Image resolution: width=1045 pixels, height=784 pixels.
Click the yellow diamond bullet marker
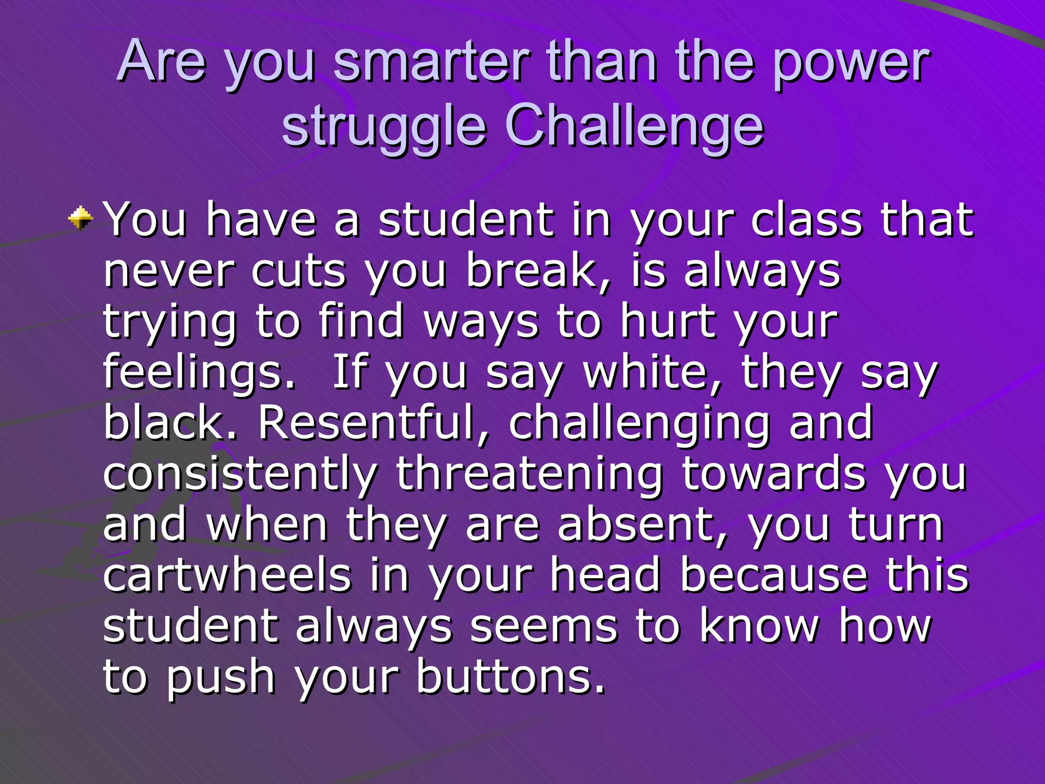point(81,219)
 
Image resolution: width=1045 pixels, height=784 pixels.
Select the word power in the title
point(850,63)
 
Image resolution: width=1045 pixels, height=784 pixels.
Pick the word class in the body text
point(806,220)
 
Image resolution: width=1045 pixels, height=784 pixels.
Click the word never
point(168,271)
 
